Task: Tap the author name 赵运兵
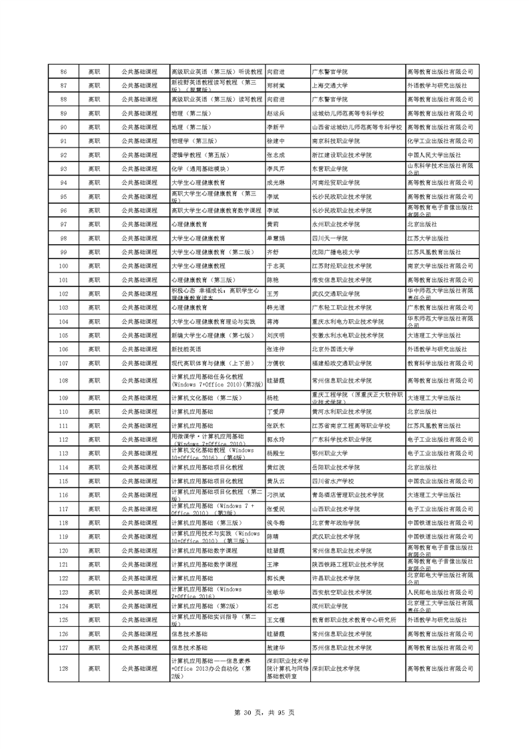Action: [x=276, y=113]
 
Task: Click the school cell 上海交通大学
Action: [x=334, y=85]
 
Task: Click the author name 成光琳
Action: [x=276, y=183]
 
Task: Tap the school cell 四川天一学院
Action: [x=330, y=238]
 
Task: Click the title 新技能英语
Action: [x=186, y=349]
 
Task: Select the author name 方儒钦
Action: [x=276, y=363]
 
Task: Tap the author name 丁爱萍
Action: [x=276, y=412]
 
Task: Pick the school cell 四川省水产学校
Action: [x=334, y=481]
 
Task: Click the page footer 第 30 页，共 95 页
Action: [x=265, y=713]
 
